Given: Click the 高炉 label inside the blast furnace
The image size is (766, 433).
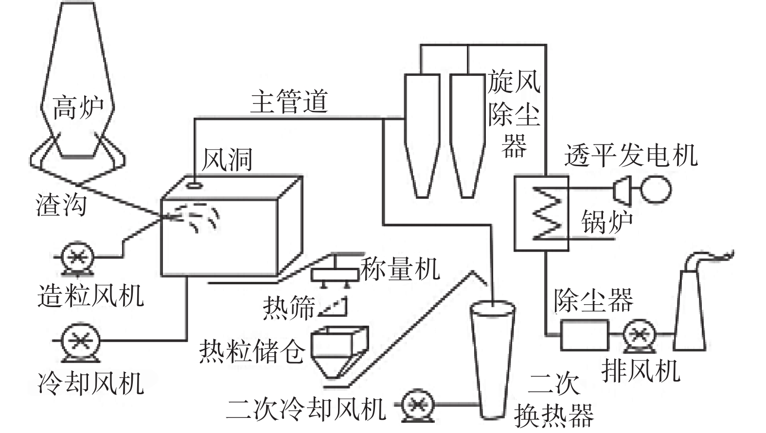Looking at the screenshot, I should [x=78, y=108].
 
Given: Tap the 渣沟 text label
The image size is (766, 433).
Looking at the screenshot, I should [x=61, y=204].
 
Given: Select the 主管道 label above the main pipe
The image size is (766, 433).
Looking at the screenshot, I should [x=289, y=102].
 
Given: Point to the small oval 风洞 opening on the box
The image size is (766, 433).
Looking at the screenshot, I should [x=195, y=185].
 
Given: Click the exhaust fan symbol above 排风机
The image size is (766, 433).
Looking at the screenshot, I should [x=639, y=334].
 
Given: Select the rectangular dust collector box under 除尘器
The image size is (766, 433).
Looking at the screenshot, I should [x=584, y=334].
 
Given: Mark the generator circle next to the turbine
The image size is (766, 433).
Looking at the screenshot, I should [x=655, y=189].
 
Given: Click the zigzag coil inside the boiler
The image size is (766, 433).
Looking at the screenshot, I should [x=548, y=213].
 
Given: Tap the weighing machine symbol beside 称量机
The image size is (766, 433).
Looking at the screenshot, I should [x=333, y=273].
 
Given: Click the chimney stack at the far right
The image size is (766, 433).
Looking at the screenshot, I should [x=690, y=311].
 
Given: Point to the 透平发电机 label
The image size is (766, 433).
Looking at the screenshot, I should [x=631, y=156].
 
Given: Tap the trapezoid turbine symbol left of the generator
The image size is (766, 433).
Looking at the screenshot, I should [x=622, y=189].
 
